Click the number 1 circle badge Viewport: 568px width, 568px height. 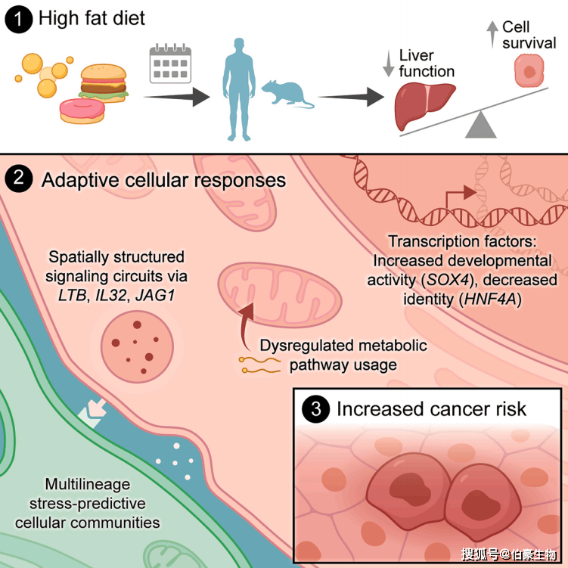17,18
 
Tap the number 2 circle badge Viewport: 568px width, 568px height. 17,180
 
